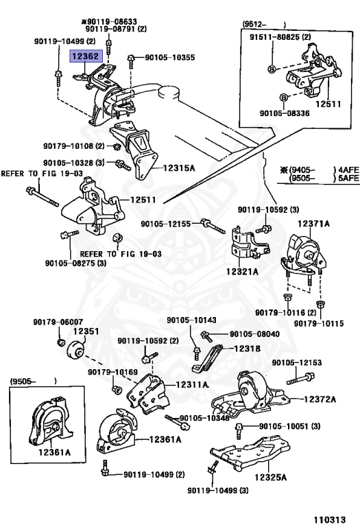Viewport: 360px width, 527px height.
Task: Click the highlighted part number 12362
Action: point(86,56)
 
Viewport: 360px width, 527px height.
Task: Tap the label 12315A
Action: point(179,167)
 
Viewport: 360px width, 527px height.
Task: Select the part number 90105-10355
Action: point(170,58)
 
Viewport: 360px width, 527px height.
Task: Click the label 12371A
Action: point(313,223)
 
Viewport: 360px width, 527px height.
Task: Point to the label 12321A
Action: point(242,271)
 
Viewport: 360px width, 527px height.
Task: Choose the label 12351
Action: point(86,331)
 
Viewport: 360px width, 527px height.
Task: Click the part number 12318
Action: point(247,349)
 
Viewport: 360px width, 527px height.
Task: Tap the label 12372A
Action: point(320,399)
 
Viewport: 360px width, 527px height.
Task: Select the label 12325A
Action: point(270,477)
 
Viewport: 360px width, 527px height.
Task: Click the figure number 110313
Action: point(330,519)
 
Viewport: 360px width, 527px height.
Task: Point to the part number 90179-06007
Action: point(58,322)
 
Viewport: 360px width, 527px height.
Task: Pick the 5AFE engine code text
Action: point(348,178)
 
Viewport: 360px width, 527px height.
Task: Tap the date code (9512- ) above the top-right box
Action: point(264,24)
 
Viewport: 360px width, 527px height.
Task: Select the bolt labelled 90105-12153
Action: point(300,379)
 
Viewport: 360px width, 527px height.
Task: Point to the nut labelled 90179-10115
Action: point(320,305)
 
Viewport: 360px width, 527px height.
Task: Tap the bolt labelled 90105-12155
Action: point(213,226)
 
